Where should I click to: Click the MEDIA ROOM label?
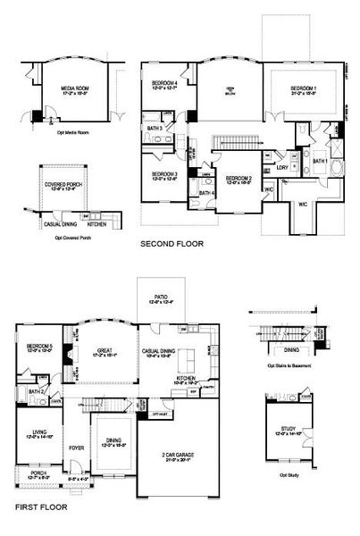tap(74, 89)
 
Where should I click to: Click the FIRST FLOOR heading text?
tap(39, 507)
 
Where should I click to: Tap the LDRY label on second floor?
tap(281, 168)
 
